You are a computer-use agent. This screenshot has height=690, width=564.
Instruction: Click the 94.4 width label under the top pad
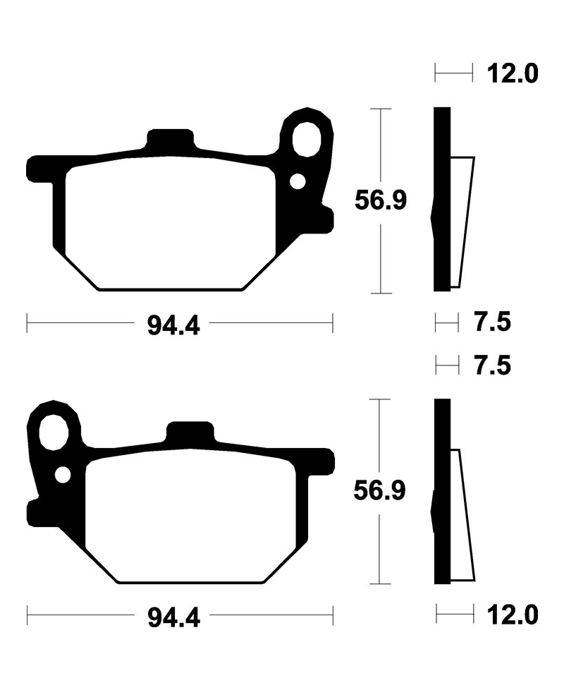[173, 326]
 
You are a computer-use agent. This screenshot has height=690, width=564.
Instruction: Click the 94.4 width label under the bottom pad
[173, 617]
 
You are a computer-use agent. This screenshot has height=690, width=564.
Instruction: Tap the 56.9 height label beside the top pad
[381, 201]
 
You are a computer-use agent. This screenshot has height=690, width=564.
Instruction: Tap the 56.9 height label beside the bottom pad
[380, 490]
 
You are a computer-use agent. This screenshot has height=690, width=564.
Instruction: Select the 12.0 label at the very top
[512, 73]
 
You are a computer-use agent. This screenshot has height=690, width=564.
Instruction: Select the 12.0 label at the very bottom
[512, 615]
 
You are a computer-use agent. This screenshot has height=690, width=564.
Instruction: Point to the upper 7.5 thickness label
[492, 322]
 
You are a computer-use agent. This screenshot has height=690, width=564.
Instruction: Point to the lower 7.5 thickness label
[492, 366]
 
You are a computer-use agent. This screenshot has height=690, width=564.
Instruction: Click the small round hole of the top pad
[298, 181]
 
